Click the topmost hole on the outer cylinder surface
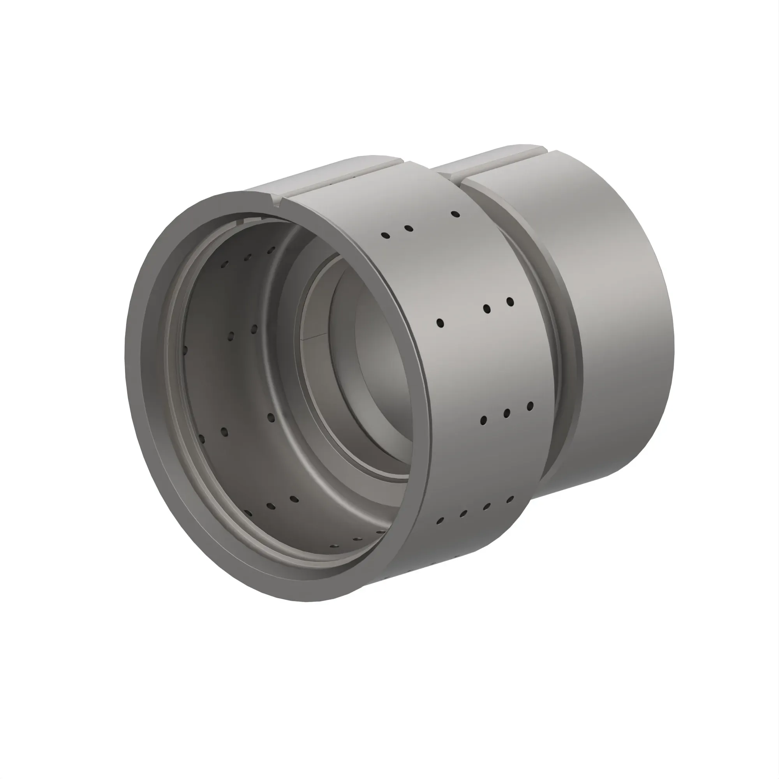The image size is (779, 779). pyautogui.click(x=455, y=214)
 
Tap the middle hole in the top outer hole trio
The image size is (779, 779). pyautogui.click(x=409, y=229)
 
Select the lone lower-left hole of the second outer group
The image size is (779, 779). pyautogui.click(x=440, y=323)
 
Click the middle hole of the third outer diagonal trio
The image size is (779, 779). pyautogui.click(x=507, y=413)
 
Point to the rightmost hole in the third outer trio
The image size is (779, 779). pyautogui.click(x=530, y=405)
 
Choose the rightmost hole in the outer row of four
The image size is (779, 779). pyautogui.click(x=510, y=500)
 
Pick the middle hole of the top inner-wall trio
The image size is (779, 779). pyautogui.click(x=248, y=257)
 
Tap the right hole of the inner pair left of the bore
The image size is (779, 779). pyautogui.click(x=254, y=329)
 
